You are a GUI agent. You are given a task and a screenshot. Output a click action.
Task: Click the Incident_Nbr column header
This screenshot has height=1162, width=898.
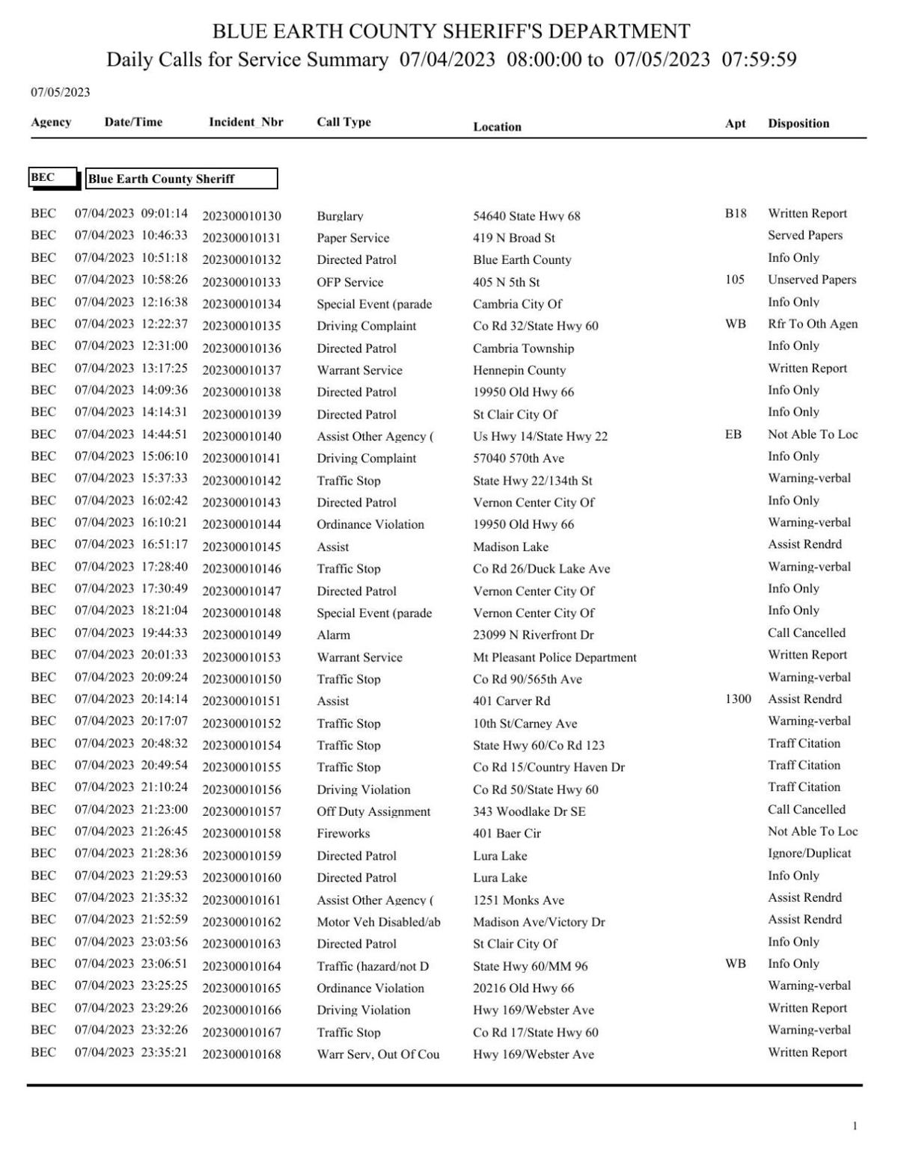(x=245, y=123)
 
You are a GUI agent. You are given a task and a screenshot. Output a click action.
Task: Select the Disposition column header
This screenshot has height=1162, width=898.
(x=798, y=123)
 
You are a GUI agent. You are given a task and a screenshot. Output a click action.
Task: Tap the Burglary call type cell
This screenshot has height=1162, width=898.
(x=340, y=216)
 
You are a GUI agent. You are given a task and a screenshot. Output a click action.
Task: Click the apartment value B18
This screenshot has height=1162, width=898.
(x=735, y=214)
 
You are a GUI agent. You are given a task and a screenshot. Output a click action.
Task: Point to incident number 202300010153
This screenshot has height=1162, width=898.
(x=242, y=657)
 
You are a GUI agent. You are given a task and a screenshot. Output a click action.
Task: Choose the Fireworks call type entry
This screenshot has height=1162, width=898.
(x=343, y=834)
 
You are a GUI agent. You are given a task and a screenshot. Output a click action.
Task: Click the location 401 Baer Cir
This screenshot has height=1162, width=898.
(x=507, y=834)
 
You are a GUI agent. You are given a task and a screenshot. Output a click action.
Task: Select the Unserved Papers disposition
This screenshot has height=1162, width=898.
(x=811, y=280)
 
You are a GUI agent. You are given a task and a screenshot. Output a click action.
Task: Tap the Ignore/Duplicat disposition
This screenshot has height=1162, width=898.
(x=809, y=853)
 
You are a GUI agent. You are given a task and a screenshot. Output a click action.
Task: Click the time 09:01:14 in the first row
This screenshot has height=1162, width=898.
(x=165, y=214)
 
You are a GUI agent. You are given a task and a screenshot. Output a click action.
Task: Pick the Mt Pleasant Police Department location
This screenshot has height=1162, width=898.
(x=555, y=657)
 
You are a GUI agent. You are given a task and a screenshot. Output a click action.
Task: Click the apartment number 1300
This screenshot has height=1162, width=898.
(x=738, y=699)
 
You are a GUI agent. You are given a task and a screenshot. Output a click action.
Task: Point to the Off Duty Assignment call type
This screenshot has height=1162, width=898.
(x=373, y=811)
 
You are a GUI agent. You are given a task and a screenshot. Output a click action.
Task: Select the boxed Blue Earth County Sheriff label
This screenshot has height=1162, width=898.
(x=181, y=179)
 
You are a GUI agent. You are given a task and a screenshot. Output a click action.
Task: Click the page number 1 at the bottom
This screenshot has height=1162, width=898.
(x=855, y=1126)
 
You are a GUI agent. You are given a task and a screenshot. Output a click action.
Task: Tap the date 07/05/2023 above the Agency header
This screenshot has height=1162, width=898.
(x=60, y=93)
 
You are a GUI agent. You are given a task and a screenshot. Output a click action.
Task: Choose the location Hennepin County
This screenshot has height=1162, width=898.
(x=519, y=370)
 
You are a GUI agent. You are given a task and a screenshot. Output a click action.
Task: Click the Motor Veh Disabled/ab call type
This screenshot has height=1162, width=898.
(x=378, y=922)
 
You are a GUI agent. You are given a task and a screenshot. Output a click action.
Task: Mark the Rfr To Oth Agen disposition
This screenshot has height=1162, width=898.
(x=812, y=324)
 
